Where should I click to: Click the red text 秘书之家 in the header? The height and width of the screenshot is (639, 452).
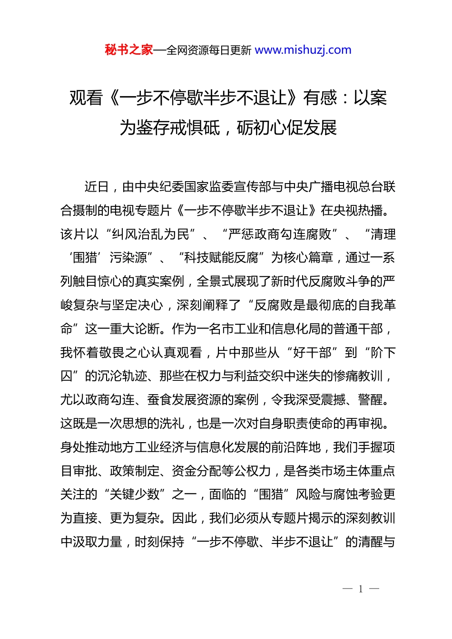(x=128, y=50)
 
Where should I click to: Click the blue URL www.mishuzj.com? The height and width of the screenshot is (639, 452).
(x=303, y=50)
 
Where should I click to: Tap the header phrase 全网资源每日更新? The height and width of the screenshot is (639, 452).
(x=209, y=50)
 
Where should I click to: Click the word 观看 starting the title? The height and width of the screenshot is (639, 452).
(x=86, y=98)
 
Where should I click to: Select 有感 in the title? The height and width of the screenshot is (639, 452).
(x=320, y=98)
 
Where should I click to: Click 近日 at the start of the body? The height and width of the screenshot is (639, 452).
(x=97, y=187)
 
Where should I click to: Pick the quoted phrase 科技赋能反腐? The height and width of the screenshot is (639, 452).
(x=221, y=258)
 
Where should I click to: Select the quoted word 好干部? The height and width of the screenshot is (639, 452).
(x=313, y=352)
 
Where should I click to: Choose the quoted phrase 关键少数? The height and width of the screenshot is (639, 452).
(x=135, y=494)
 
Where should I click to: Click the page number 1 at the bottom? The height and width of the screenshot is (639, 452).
(x=361, y=589)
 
